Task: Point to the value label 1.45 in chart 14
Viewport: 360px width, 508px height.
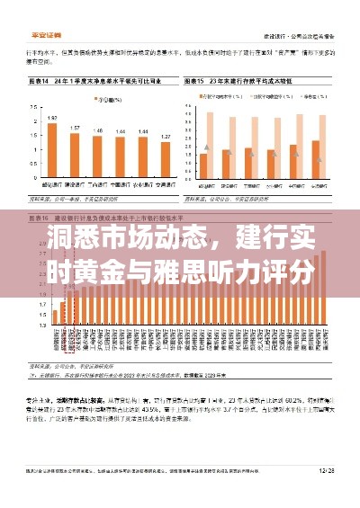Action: [97, 131]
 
